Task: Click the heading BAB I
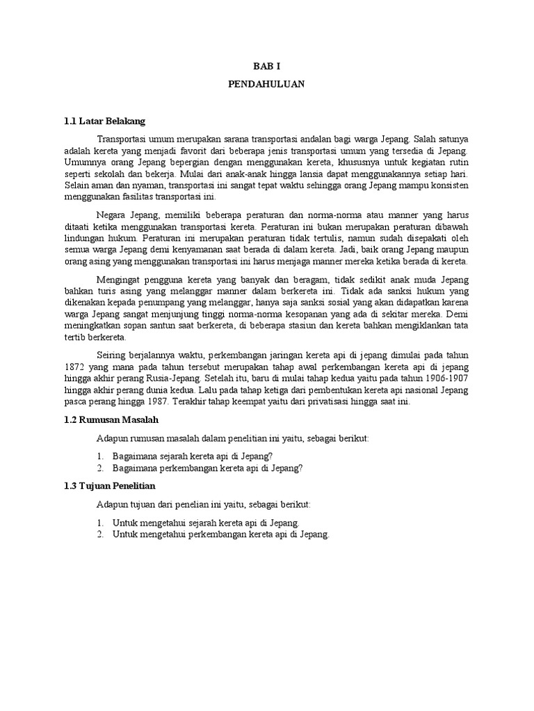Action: (266, 65)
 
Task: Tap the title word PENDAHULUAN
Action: (266, 83)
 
